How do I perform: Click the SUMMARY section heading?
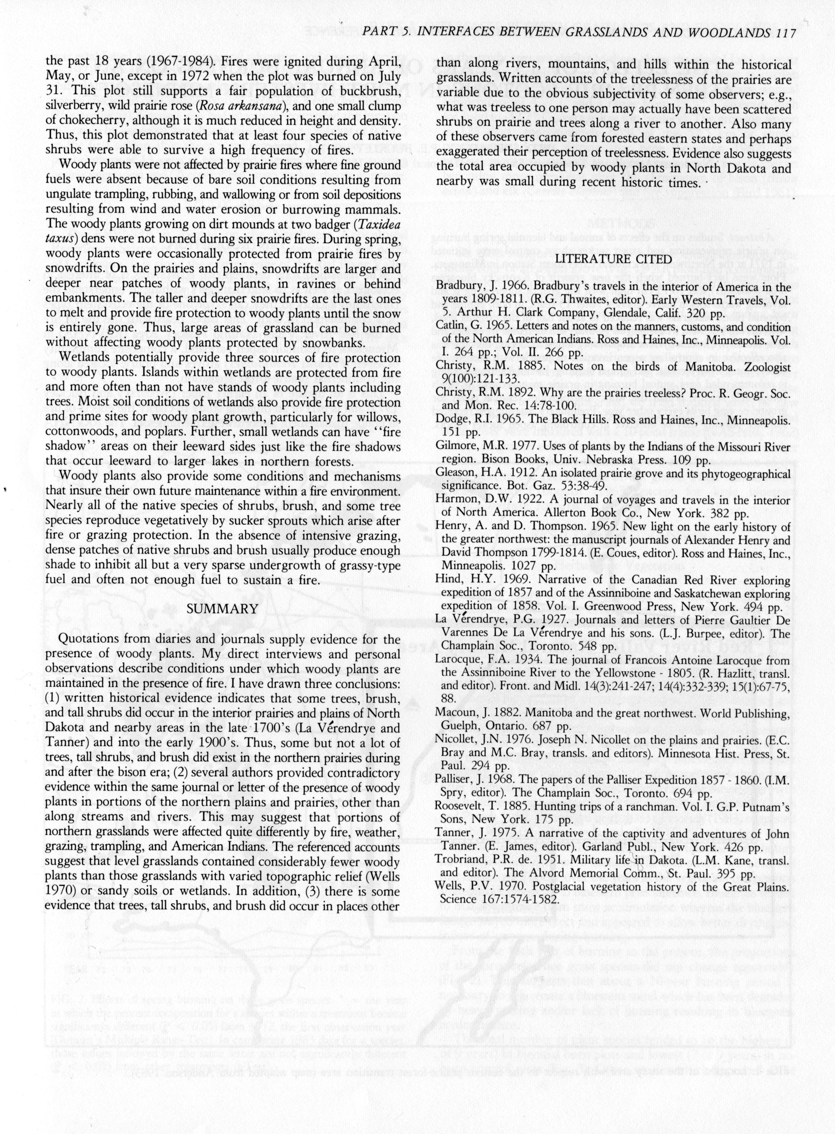(x=222, y=609)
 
